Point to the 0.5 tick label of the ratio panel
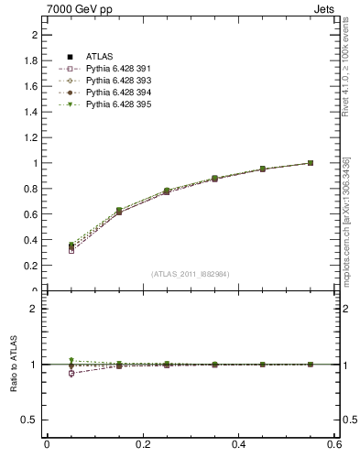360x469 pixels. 30,420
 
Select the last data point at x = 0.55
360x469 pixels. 311,163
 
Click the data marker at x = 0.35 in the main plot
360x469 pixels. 214,179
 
